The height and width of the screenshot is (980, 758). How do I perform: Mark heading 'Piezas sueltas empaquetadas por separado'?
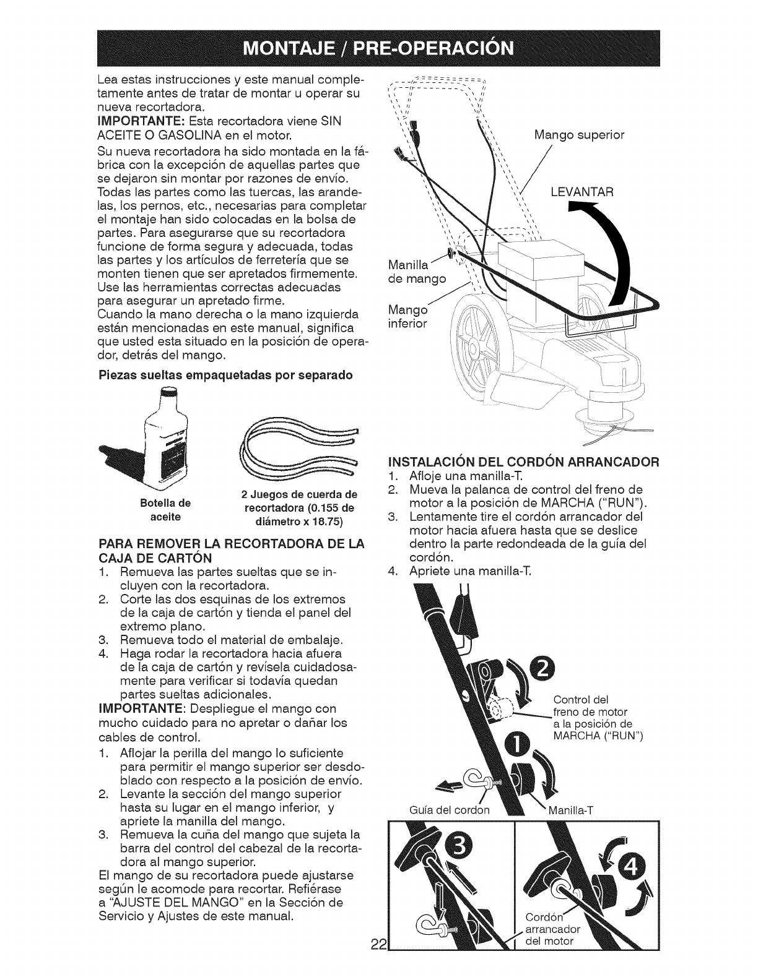pos(225,375)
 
